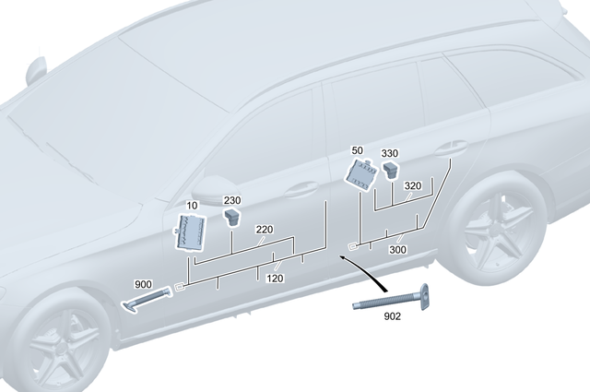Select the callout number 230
pyautogui.click(x=231, y=200)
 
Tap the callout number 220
pyautogui.click(x=265, y=230)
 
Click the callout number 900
pyautogui.click(x=143, y=284)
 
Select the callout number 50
pyautogui.click(x=358, y=150)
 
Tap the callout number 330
pyautogui.click(x=390, y=154)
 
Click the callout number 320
pyautogui.click(x=412, y=186)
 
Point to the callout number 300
pyautogui.click(x=398, y=249)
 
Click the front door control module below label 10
pyautogui.click(x=193, y=231)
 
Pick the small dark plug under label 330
pyautogui.click(x=391, y=169)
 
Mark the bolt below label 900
pyautogui.click(x=147, y=300)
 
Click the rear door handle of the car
pyautogui.click(x=454, y=147)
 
